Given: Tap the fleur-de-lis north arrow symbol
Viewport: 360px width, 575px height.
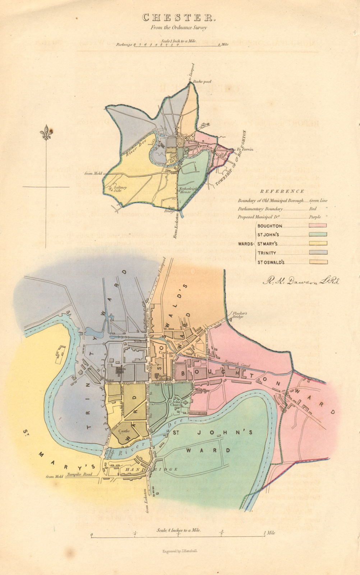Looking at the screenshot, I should click(46, 133).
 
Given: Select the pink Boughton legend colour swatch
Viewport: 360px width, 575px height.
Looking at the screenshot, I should click(318, 225).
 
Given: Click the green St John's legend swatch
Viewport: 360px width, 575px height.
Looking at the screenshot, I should click(318, 234).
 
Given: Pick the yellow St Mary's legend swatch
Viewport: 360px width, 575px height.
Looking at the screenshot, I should click(318, 243).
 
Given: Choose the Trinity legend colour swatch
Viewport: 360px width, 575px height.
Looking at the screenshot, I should click(318, 253).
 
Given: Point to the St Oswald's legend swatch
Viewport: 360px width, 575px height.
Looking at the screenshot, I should click(318, 262).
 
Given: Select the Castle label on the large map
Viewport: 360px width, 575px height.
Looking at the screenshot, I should click(124, 431).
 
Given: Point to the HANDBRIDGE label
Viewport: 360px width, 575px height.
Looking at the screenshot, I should click(151, 469).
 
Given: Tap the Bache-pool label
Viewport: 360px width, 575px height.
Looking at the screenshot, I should click(202, 82).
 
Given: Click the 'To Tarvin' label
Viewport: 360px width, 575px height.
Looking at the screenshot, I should click(245, 149).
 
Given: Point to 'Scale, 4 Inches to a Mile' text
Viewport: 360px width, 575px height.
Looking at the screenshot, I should click(179, 530).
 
